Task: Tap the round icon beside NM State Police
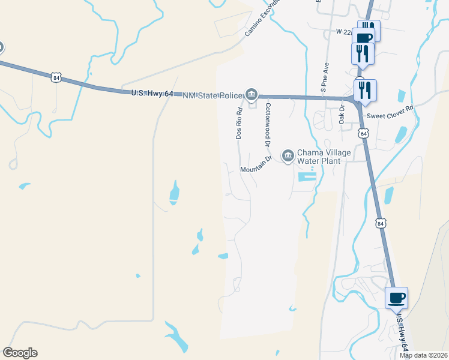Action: [252, 94]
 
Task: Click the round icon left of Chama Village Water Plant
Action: [288, 156]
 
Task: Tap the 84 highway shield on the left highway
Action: [56, 78]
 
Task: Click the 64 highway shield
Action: [364, 133]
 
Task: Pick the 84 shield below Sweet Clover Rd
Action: [381, 223]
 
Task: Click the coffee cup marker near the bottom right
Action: [397, 297]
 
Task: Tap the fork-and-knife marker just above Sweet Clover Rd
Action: [366, 90]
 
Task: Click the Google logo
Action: [20, 353]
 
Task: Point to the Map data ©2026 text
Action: [424, 355]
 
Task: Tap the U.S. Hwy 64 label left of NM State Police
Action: [152, 93]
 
